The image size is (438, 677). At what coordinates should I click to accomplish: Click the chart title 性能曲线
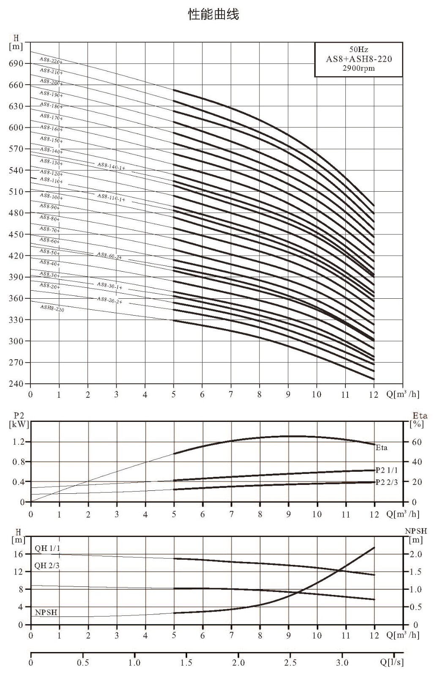pyautogui.click(x=214, y=14)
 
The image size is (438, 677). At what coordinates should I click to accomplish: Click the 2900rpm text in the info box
pyautogui.click(x=359, y=68)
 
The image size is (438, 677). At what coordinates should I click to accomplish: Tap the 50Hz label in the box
pyautogui.click(x=359, y=49)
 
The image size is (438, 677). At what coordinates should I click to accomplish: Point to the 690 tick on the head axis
pyautogui.click(x=16, y=63)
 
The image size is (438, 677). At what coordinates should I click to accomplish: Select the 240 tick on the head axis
pyautogui.click(x=16, y=383)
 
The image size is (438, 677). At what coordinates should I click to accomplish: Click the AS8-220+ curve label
pyautogui.click(x=51, y=60)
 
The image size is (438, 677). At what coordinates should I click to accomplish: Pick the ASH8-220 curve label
pyautogui.click(x=52, y=308)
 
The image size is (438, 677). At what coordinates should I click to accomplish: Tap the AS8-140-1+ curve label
pyautogui.click(x=111, y=165)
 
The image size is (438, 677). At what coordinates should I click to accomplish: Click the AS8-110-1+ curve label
pyautogui.click(x=111, y=198)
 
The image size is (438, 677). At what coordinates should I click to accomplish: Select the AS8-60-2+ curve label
pyautogui.click(x=109, y=256)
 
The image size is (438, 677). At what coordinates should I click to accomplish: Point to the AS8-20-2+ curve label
pyautogui.click(x=109, y=300)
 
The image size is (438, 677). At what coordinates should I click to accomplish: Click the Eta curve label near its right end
pyautogui.click(x=381, y=448)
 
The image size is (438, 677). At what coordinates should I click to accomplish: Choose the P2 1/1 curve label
pyautogui.click(x=387, y=470)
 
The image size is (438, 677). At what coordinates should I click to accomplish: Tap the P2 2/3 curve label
pyautogui.click(x=387, y=482)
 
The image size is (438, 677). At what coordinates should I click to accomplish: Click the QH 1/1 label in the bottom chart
pyautogui.click(x=47, y=548)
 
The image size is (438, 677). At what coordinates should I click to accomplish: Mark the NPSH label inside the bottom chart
pyautogui.click(x=46, y=613)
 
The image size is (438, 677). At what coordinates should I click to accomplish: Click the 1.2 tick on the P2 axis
pyautogui.click(x=19, y=442)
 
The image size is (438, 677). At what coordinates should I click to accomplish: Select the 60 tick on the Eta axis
pyautogui.click(x=417, y=442)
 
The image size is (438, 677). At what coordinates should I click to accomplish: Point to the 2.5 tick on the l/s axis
pyautogui.click(x=290, y=663)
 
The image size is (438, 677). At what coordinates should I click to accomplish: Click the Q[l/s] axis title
pyautogui.click(x=392, y=663)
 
